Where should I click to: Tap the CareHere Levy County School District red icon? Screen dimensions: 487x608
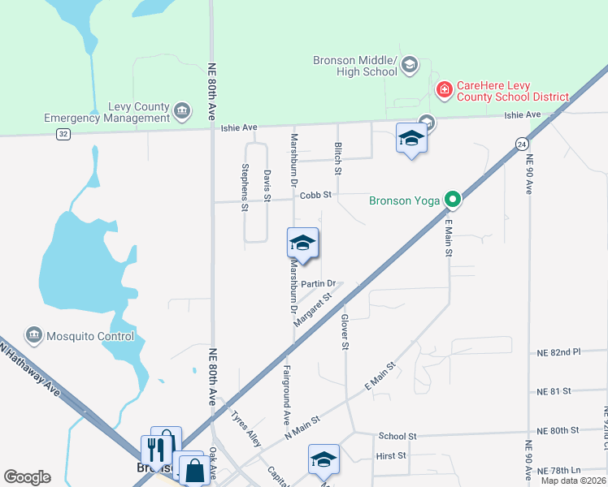click(x=445, y=88)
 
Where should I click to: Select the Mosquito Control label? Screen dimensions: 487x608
click(x=89, y=336)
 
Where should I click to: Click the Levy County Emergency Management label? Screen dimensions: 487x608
click(x=106, y=113)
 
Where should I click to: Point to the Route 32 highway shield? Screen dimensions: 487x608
click(x=63, y=134)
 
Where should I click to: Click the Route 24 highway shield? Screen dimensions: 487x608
click(x=519, y=144)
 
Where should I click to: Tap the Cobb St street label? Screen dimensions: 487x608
click(x=316, y=195)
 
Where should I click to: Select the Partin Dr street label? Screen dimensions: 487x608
click(x=318, y=283)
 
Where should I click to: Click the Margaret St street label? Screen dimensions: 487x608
click(x=314, y=309)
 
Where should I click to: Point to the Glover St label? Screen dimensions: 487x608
click(x=345, y=332)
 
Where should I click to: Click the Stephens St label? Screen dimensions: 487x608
click(x=245, y=187)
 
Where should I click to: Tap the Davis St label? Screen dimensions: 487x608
click(x=267, y=184)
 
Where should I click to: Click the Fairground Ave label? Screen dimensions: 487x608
click(x=287, y=395)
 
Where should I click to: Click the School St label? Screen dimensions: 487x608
click(x=397, y=436)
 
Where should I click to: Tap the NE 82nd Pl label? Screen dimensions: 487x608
click(x=559, y=353)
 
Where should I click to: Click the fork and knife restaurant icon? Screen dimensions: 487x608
click(x=156, y=448)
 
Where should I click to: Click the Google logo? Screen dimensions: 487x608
click(x=27, y=477)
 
